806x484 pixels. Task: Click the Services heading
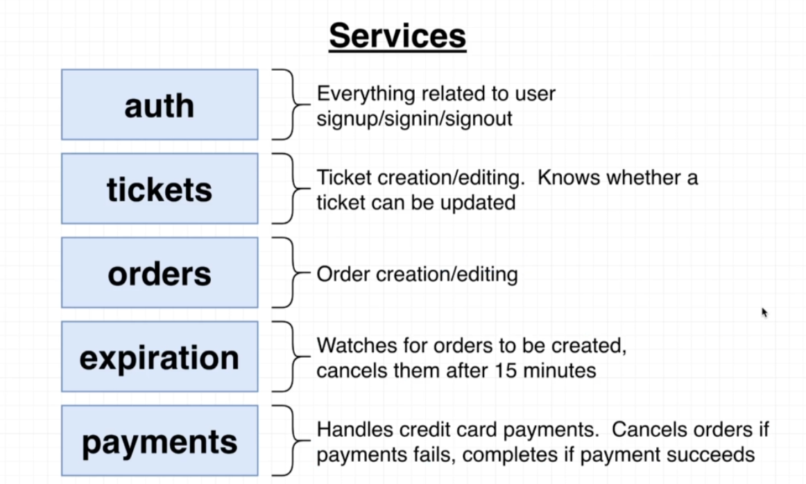point(397,36)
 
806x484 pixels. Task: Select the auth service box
point(160,105)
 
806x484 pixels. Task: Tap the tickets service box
point(160,189)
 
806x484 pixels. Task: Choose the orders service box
point(160,273)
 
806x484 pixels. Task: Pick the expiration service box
point(160,357)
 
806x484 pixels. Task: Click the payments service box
point(160,441)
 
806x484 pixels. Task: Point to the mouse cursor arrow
point(764,312)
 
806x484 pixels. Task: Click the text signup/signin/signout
point(414,119)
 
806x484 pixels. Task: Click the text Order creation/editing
point(417,275)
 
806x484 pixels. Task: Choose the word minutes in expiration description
point(565,370)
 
